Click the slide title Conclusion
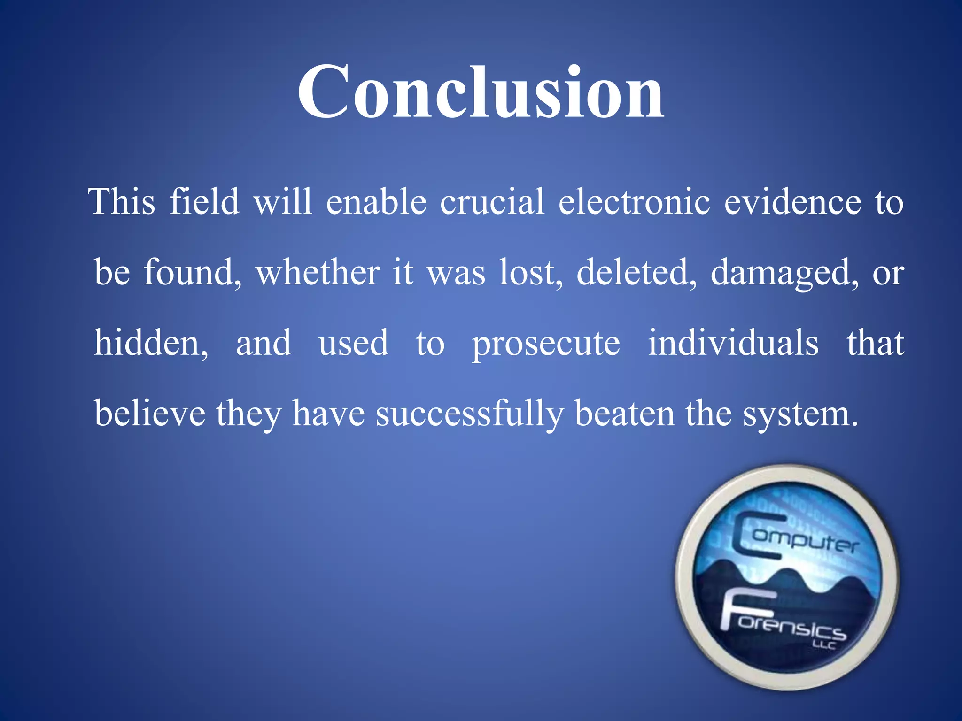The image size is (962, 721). tap(481, 92)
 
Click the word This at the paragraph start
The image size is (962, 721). tap(122, 202)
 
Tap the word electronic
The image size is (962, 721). tap(634, 202)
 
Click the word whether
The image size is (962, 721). tap(318, 272)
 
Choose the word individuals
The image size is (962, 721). tap(733, 343)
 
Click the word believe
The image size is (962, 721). tap(150, 413)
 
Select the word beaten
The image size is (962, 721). tap(625, 413)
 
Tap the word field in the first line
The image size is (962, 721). tap(204, 202)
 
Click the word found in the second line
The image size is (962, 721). tap(192, 272)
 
